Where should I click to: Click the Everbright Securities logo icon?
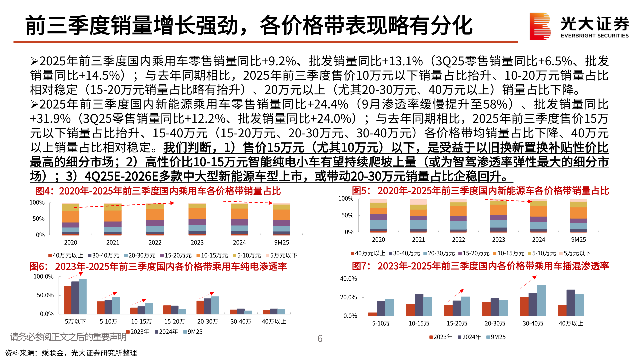click(x=540, y=26)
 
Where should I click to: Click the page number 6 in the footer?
click(x=320, y=339)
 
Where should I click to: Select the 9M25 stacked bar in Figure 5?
click(x=578, y=215)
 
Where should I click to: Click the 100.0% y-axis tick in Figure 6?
click(x=43, y=276)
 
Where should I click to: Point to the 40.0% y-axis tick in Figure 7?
click(x=348, y=279)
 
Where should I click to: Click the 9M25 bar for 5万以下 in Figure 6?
click(x=83, y=296)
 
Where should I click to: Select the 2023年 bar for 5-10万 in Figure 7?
click(x=372, y=314)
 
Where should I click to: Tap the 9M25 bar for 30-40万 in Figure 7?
click(x=541, y=300)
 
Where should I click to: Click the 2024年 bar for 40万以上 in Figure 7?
click(x=571, y=303)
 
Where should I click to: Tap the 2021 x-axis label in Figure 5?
click(x=418, y=240)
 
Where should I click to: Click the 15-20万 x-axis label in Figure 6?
click(x=174, y=321)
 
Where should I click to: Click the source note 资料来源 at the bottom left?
click(x=71, y=353)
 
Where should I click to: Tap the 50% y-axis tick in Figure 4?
click(x=38, y=219)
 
